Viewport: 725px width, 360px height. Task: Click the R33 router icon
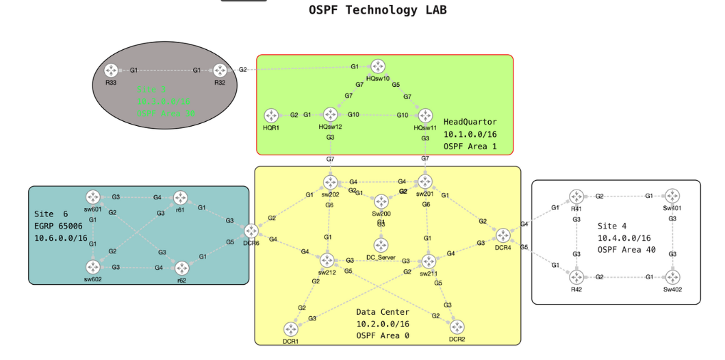(x=112, y=70)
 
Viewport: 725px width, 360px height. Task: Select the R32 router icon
(x=220, y=70)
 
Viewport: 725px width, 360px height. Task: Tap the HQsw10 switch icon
(x=378, y=66)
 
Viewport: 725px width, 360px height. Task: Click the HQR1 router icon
(x=272, y=116)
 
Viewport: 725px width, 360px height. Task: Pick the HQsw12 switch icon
(x=331, y=115)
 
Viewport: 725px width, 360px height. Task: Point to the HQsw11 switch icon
(x=426, y=116)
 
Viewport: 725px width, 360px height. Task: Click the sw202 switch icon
(x=331, y=182)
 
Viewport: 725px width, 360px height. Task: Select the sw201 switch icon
(x=426, y=182)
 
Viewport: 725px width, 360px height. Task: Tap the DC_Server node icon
(x=381, y=245)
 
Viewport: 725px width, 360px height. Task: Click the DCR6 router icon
(x=251, y=231)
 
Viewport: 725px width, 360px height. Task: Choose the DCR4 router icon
(x=503, y=236)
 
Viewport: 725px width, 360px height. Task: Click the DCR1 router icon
(x=291, y=329)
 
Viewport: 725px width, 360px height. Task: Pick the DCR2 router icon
(x=457, y=328)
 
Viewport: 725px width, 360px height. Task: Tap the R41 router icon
(x=576, y=197)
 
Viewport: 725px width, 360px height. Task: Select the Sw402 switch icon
(x=673, y=277)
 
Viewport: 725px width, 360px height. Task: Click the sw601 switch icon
(x=93, y=197)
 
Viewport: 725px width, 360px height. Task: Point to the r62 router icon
(x=182, y=268)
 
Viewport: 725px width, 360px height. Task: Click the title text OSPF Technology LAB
(x=378, y=10)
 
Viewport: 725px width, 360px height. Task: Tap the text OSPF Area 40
(x=626, y=250)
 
